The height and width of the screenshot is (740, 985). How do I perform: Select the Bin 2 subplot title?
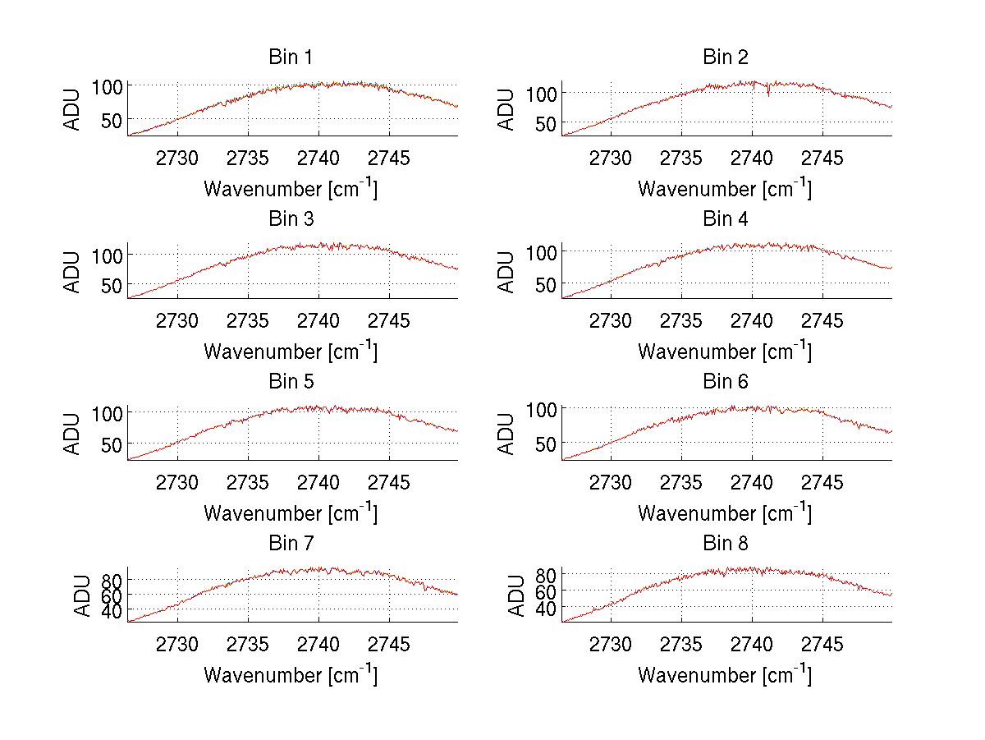[x=726, y=57]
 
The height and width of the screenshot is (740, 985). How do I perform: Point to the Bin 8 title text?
[x=726, y=544]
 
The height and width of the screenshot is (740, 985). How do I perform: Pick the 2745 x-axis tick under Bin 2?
[x=822, y=159]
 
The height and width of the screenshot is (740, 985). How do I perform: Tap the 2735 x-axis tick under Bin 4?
[x=681, y=321]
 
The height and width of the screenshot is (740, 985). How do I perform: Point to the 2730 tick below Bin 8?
[x=611, y=645]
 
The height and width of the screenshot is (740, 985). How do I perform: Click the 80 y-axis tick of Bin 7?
[x=112, y=580]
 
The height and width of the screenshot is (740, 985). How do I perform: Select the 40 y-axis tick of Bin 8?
[x=546, y=609]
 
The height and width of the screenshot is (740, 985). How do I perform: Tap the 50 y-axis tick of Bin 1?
[x=112, y=119]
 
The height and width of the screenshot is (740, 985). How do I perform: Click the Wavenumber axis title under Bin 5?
[x=291, y=513]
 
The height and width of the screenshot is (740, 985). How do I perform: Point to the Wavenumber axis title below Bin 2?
[x=725, y=189]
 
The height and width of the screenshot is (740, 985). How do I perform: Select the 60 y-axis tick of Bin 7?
[x=112, y=595]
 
